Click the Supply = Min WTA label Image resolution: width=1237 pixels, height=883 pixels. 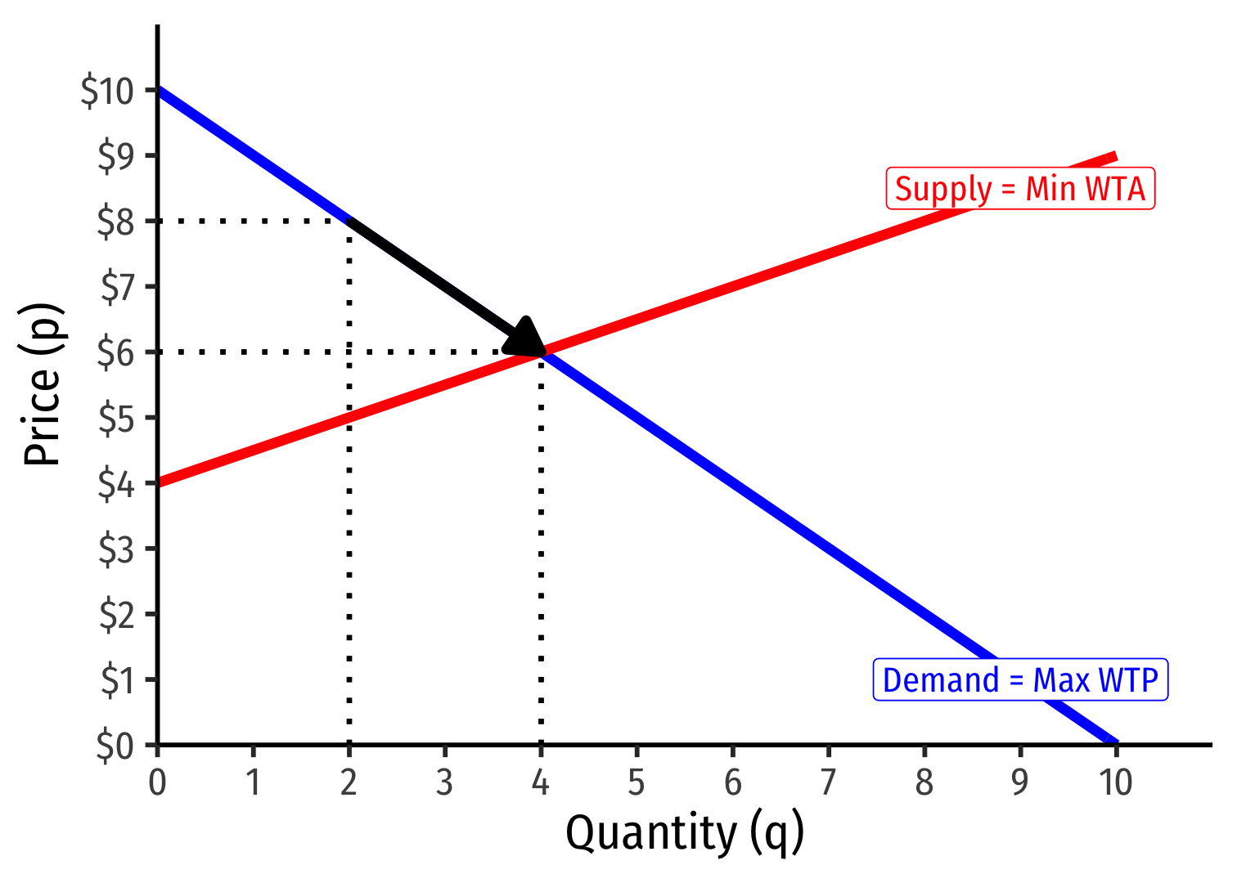coord(1020,189)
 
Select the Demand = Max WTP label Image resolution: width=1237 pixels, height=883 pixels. coord(1020,680)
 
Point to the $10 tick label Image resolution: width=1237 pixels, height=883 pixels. coord(107,91)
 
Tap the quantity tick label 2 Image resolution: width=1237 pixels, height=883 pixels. coord(349,782)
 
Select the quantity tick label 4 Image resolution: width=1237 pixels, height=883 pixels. coord(541,782)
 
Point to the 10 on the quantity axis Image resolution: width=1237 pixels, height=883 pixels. coord(1115,782)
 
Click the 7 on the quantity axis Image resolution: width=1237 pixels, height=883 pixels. coord(828,782)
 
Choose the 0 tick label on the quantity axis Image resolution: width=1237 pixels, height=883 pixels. coord(157,782)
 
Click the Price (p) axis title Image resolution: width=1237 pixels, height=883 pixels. coord(43,384)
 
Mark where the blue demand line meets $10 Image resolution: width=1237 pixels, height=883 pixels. coord(159,90)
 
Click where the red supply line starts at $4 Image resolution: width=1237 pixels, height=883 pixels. coord(159,482)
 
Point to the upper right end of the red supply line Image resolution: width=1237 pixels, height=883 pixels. coord(1113,156)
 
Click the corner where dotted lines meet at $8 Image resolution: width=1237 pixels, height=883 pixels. coord(349,221)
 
